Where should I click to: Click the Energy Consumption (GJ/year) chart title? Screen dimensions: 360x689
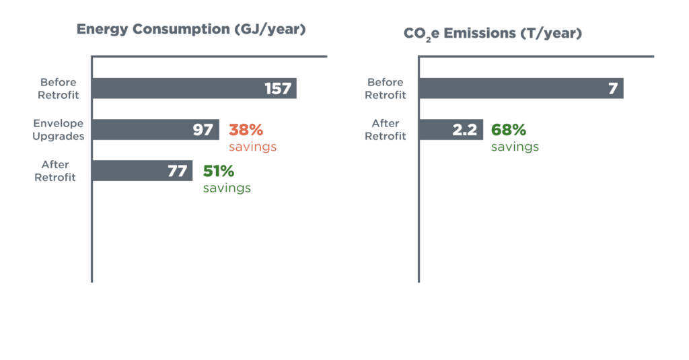191,30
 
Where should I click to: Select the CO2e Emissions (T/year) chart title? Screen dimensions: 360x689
493,32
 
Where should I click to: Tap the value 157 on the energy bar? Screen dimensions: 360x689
277,88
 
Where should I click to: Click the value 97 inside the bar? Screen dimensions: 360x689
203,130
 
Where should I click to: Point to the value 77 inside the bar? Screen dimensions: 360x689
177,171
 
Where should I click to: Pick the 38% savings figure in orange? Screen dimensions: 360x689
246,130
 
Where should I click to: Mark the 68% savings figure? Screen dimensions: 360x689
508,130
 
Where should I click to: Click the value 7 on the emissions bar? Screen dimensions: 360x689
612,88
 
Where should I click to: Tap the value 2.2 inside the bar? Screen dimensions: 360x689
464,130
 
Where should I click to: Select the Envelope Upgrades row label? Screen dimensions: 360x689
59,130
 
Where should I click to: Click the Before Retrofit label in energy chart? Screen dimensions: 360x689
59,88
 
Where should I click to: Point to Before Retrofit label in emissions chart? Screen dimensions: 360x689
386,88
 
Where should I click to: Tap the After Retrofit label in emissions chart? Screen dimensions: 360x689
386,130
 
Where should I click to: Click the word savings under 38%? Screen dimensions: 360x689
253,147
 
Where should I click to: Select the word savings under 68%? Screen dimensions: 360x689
515,147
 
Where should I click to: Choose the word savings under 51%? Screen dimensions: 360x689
227,188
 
